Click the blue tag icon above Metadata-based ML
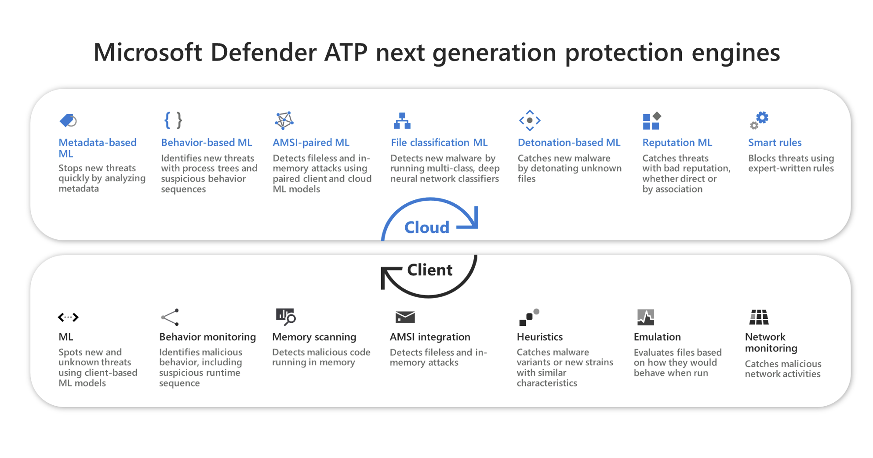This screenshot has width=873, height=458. pyautogui.click(x=68, y=120)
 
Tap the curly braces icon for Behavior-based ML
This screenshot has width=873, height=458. pyautogui.click(x=173, y=120)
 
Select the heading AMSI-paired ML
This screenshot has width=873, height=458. pyautogui.click(x=311, y=143)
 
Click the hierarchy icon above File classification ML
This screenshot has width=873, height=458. pyautogui.click(x=402, y=121)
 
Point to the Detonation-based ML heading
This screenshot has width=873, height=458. pyautogui.click(x=569, y=143)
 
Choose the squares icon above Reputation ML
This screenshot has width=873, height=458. pyautogui.click(x=652, y=121)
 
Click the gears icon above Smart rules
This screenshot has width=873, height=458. pyautogui.click(x=759, y=120)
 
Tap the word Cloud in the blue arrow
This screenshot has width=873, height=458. pyautogui.click(x=426, y=227)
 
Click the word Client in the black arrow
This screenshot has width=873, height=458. pyautogui.click(x=429, y=270)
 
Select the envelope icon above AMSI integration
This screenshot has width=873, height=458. pyautogui.click(x=405, y=317)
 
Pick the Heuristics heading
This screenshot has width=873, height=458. pyautogui.click(x=539, y=337)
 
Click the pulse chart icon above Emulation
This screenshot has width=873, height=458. pyautogui.click(x=646, y=317)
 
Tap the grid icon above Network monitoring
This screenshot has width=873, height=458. pyautogui.click(x=759, y=317)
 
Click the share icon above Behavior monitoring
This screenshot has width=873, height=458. pyautogui.click(x=170, y=317)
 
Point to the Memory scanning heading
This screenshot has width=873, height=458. pyautogui.click(x=314, y=337)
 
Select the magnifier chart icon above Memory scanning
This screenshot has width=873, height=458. pyautogui.click(x=286, y=317)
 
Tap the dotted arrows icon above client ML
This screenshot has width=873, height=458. pyautogui.click(x=68, y=317)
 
